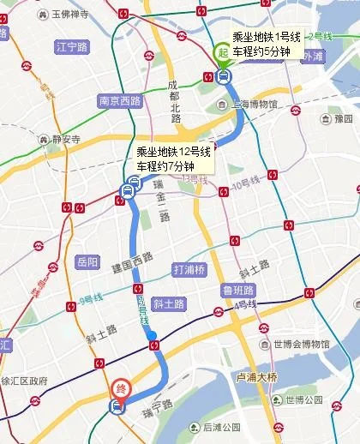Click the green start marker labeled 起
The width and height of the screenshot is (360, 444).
222,54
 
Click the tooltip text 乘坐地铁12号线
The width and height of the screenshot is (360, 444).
174,151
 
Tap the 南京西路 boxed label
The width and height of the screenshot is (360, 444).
119,99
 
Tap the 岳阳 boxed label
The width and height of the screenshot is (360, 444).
87,261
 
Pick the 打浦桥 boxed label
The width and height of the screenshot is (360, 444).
189,268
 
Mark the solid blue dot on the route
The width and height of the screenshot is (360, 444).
152,334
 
